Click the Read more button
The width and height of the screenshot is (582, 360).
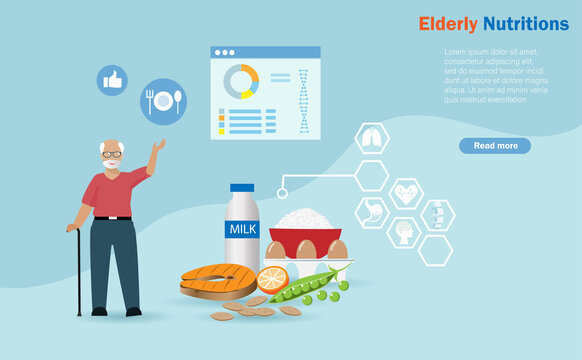click(495, 146)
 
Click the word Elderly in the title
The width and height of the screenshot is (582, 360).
click(448, 23)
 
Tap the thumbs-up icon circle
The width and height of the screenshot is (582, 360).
click(112, 80)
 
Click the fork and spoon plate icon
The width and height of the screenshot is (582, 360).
click(163, 101)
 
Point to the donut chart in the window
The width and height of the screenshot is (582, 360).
click(241, 82)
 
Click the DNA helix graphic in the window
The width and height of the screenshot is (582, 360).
click(303, 101)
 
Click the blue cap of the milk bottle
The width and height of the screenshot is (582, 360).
click(242, 188)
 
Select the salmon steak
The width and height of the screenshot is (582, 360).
click(217, 281)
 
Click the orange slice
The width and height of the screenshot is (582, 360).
click(272, 278)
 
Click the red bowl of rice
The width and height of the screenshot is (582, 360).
click(305, 234)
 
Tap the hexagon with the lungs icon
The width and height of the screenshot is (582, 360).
click(372, 138)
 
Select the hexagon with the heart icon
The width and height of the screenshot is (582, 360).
click(406, 192)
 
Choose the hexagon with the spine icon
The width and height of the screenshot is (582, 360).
click(436, 214)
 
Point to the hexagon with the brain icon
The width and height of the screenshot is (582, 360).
click(404, 232)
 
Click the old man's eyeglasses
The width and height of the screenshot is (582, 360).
click(112, 154)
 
